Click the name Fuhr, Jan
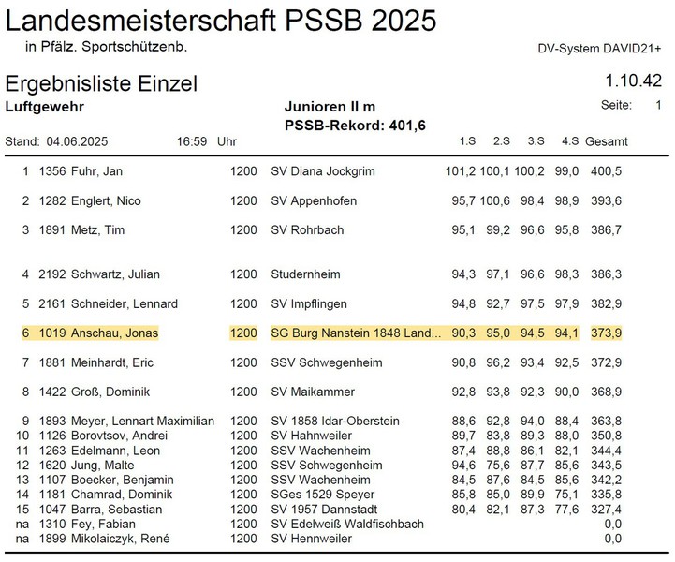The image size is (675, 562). (x=100, y=171)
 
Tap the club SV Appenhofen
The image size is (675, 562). (x=314, y=201)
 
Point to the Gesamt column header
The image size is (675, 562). (x=607, y=141)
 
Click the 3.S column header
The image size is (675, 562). (x=536, y=141)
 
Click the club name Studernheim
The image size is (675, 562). (x=305, y=274)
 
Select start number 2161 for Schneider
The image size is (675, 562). (x=52, y=304)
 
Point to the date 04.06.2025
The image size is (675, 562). (x=77, y=142)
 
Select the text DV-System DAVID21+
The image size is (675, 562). (x=599, y=49)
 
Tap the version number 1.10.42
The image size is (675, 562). (x=634, y=81)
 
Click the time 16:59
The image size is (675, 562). (x=191, y=142)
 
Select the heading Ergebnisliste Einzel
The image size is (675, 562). (x=101, y=83)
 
